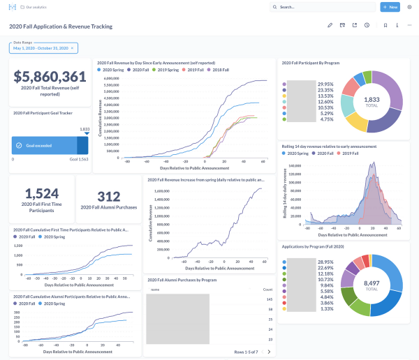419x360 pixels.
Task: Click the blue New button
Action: coord(390,7)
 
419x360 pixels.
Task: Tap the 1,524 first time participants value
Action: coord(41,194)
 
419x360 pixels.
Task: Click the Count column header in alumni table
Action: coord(267,288)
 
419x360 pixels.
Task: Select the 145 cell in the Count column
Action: coord(269,299)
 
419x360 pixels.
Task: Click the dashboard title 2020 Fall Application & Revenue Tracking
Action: coord(61,27)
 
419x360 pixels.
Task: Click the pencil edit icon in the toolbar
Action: coord(330,26)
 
